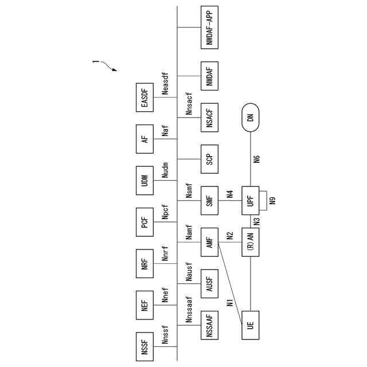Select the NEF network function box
click(145, 305)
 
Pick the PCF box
click(145, 222)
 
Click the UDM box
click(145, 181)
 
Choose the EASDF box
click(145, 98)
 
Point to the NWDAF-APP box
click(209, 27)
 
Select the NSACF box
click(209, 119)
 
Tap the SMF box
click(209, 201)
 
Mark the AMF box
click(209, 243)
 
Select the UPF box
click(250, 201)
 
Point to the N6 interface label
click(256, 159)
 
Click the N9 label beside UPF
click(273, 201)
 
